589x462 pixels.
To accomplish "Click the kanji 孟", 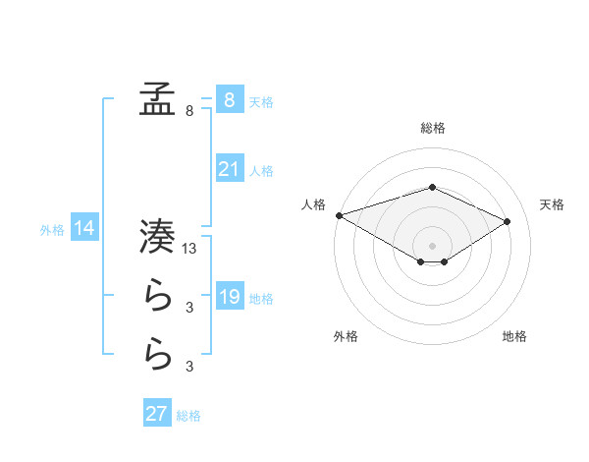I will pyautogui.click(x=157, y=100).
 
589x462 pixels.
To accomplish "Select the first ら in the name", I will pyautogui.click(x=157, y=296).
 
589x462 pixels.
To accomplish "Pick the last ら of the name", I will pyautogui.click(x=157, y=354).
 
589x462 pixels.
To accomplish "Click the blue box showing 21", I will pyautogui.click(x=229, y=169).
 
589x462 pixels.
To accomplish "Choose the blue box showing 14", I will pyautogui.click(x=83, y=229).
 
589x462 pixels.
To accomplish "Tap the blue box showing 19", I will pyautogui.click(x=229, y=297).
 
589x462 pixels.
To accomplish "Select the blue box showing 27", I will pyautogui.click(x=156, y=414).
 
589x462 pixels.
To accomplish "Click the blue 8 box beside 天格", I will pyautogui.click(x=229, y=100).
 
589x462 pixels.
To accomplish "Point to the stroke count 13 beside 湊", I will pyautogui.click(x=190, y=250).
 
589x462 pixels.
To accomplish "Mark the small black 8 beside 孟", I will pyautogui.click(x=188, y=112).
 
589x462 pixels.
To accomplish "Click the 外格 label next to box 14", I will pyautogui.click(x=52, y=230).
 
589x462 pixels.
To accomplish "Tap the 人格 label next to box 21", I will pyautogui.click(x=261, y=171).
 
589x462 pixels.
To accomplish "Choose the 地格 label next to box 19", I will pyautogui.click(x=261, y=298).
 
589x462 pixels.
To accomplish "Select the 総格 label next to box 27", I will pyautogui.click(x=188, y=416).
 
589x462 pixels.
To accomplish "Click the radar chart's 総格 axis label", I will pyautogui.click(x=432, y=128).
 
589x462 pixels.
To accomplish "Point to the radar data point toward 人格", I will pyautogui.click(x=339, y=214).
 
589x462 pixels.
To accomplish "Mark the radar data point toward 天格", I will pyautogui.click(x=508, y=221).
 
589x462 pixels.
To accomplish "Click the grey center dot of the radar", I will pyautogui.click(x=432, y=244).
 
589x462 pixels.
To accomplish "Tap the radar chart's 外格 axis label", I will pyautogui.click(x=346, y=336).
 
